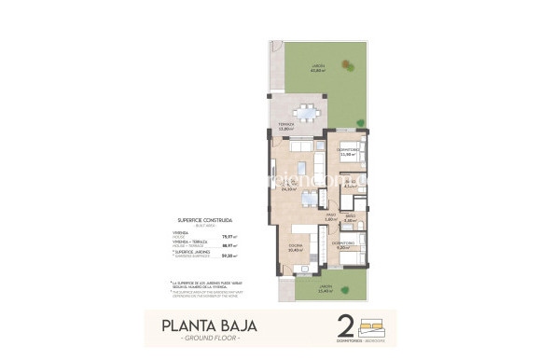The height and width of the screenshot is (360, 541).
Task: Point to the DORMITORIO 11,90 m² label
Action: tap(350, 153)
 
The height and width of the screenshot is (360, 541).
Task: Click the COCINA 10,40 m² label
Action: tap(295, 249)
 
